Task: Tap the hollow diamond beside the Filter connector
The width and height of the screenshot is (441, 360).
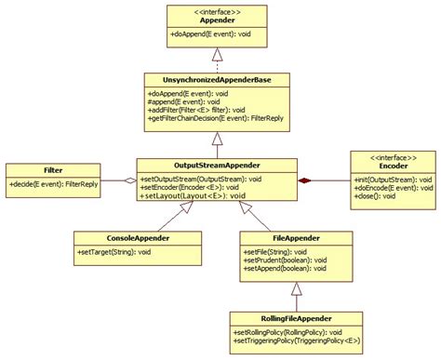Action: click(x=131, y=181)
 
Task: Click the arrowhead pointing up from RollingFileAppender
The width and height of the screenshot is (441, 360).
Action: click(x=295, y=287)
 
